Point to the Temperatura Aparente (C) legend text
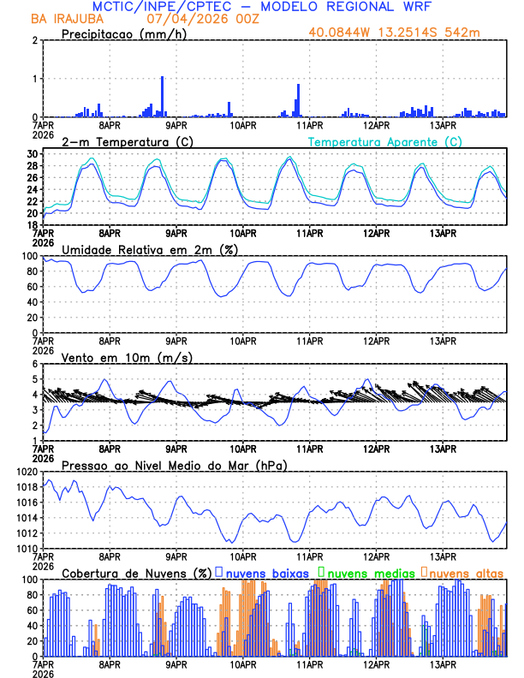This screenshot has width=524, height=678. [x=385, y=141]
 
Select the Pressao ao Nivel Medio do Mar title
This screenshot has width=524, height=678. [x=174, y=465]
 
